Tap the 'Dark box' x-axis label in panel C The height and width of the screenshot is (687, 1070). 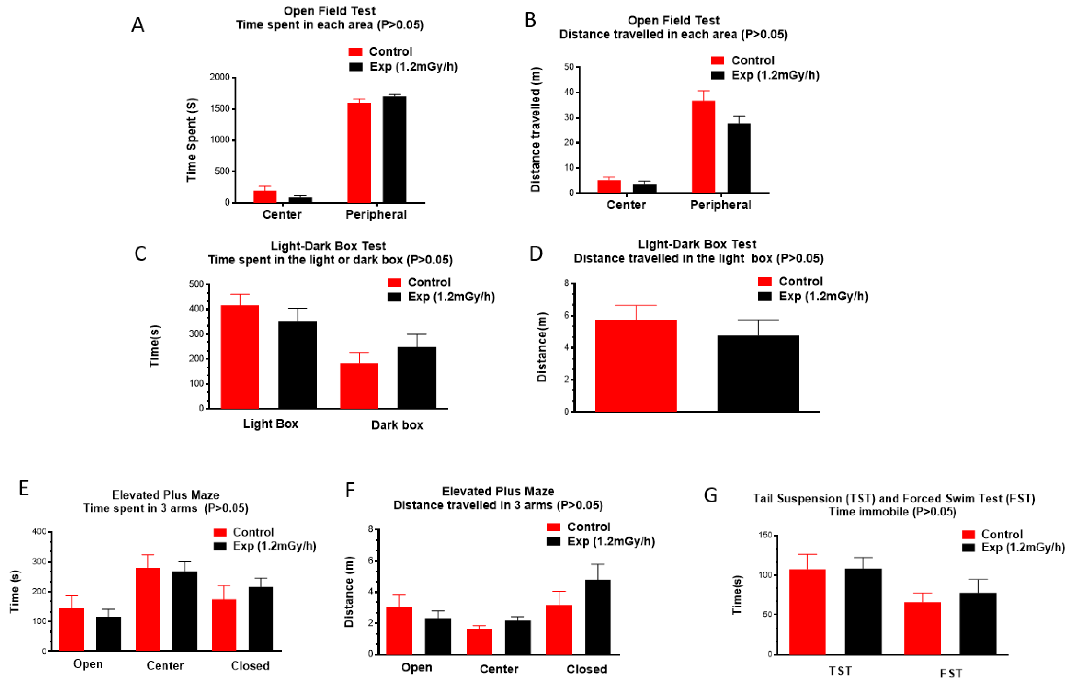pyautogui.click(x=397, y=425)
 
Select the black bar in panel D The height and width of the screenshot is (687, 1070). pyautogui.click(x=758, y=373)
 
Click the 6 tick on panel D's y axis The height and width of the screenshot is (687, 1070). pyautogui.click(x=567, y=315)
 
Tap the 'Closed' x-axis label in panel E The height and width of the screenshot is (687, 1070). pyautogui.click(x=250, y=666)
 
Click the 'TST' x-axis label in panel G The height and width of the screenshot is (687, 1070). pyautogui.click(x=840, y=671)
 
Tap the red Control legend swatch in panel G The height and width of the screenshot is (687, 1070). pyautogui.click(x=968, y=534)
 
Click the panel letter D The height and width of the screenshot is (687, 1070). pyautogui.click(x=535, y=253)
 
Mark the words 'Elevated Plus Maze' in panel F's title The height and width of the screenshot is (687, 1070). pyautogui.click(x=498, y=491)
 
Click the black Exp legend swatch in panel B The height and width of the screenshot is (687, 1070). pyautogui.click(x=717, y=75)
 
